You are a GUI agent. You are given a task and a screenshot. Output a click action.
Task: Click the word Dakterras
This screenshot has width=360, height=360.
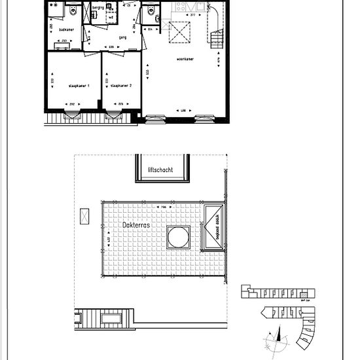[135, 224]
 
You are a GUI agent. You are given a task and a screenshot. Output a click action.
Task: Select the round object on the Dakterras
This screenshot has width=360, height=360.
[178, 238]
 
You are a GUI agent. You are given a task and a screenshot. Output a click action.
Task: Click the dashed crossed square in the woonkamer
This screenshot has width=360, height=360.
[178, 31]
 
